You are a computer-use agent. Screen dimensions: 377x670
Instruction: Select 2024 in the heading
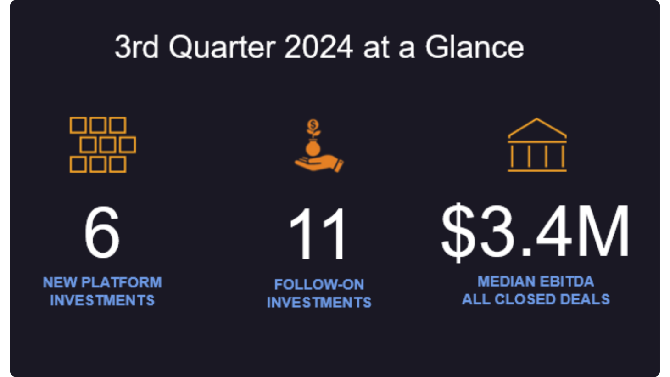pyautogui.click(x=318, y=47)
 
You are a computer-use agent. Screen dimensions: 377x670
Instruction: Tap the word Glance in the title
pyautogui.click(x=474, y=47)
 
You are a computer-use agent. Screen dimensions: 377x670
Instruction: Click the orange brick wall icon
pyautogui.click(x=102, y=145)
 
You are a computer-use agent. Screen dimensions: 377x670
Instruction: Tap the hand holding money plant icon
pyautogui.click(x=318, y=147)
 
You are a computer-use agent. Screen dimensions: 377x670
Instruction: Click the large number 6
pyautogui.click(x=102, y=232)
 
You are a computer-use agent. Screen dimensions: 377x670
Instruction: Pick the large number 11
pyautogui.click(x=318, y=234)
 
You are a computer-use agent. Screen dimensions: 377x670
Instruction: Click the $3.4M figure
pyautogui.click(x=535, y=232)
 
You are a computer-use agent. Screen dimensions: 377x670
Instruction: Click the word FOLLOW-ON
pyautogui.click(x=319, y=285)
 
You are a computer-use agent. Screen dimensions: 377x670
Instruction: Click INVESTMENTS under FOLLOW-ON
pyautogui.click(x=319, y=303)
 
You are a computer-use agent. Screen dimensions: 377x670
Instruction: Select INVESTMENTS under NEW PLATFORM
pyautogui.click(x=102, y=300)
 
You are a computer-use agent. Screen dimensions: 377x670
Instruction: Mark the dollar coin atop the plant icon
pyautogui.click(x=313, y=125)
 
